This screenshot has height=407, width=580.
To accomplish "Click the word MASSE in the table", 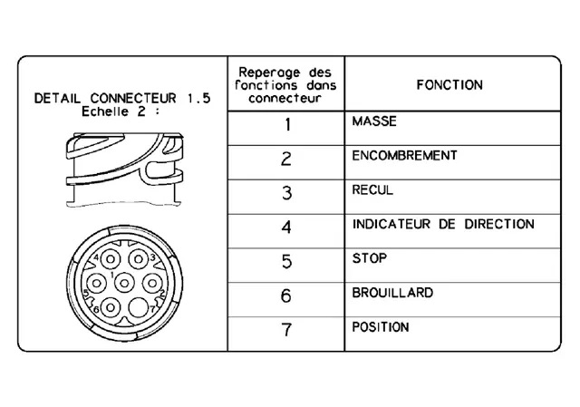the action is (x=374, y=121).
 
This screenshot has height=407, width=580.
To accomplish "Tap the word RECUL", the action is (x=372, y=189).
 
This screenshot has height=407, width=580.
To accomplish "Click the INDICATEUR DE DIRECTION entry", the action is (x=443, y=224).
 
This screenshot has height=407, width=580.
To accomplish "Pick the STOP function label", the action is (x=370, y=258).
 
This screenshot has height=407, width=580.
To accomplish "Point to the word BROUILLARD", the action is (x=392, y=293).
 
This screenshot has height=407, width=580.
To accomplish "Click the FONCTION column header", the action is (x=449, y=85).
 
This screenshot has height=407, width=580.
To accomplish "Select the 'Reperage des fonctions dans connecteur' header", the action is (x=285, y=85).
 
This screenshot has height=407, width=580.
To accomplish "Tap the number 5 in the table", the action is (x=286, y=262).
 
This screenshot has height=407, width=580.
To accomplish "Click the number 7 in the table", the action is (x=286, y=330).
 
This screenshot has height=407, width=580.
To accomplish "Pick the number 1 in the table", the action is (x=288, y=125).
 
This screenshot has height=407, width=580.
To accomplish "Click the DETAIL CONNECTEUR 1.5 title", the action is (x=122, y=99).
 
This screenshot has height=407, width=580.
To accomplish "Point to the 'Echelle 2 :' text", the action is (x=121, y=111).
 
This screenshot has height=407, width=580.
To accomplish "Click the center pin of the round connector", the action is (x=124, y=284).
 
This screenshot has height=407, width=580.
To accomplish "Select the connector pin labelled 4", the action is (x=111, y=259).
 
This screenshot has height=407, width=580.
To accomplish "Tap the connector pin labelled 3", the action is (x=139, y=259).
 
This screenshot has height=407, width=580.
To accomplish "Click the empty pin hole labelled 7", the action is (x=139, y=308).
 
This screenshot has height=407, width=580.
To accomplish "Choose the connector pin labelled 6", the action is (x=111, y=308).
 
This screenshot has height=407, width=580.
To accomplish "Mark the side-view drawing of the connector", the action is (x=124, y=170).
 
